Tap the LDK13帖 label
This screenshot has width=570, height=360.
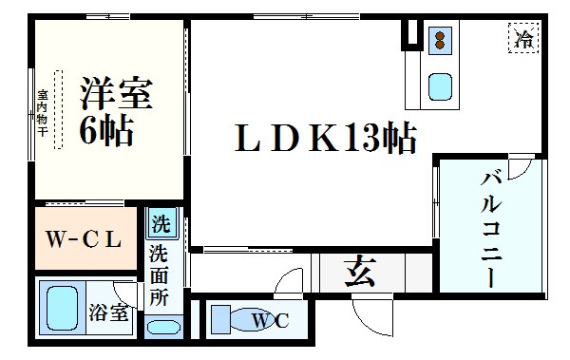pyautogui.click(x=325, y=140)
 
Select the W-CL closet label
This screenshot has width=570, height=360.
pyautogui.click(x=84, y=239)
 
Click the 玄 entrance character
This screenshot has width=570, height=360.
pyautogui.click(x=357, y=275)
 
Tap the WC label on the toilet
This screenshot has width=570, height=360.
pyautogui.click(x=268, y=321)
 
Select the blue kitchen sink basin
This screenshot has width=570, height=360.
pyautogui.click(x=440, y=87)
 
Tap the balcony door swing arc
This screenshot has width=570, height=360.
pyautogui.click(x=518, y=171)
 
